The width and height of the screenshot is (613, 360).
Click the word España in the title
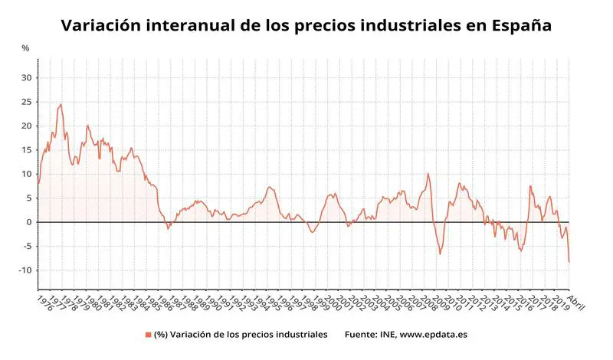coord(515,25)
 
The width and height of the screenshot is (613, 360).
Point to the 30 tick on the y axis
coord(26,77)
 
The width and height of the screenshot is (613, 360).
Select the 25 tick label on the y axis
coord(26,102)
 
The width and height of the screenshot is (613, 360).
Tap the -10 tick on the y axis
coord(25,270)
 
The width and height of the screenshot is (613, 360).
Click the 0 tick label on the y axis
coord(28,222)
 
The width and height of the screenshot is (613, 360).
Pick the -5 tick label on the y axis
coord(26,247)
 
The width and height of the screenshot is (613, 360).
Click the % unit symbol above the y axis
coord(25,48)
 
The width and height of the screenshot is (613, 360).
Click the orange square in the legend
coord(148,335)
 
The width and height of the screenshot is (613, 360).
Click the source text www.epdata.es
coord(434,335)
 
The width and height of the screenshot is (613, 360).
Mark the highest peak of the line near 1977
coord(61,104)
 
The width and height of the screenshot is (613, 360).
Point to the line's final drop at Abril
coord(569,262)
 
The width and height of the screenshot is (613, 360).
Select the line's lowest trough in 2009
coord(440,254)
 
